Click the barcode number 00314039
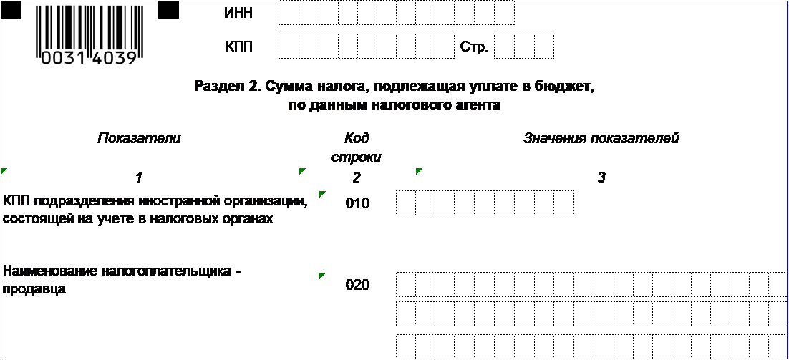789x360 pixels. [x=89, y=59]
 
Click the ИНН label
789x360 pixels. [x=238, y=14]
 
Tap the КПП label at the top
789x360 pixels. [x=238, y=47]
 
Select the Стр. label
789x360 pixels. [x=474, y=47]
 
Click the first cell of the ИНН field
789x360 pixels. [x=289, y=13]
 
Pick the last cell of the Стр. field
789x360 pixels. [x=544, y=47]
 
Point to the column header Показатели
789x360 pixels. [x=139, y=138]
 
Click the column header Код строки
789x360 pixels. [x=357, y=147]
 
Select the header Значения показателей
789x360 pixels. [x=601, y=138]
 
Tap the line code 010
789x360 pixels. [x=358, y=204]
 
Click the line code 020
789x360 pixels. [x=358, y=285]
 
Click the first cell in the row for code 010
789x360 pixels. [x=406, y=203]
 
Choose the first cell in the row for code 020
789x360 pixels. [x=406, y=285]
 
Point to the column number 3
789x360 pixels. [x=601, y=177]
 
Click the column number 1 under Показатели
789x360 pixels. [x=139, y=177]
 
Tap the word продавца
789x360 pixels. [x=34, y=290]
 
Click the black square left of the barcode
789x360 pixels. [x=11, y=9]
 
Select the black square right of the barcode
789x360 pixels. [x=168, y=9]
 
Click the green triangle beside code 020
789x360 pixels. [x=322, y=275]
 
